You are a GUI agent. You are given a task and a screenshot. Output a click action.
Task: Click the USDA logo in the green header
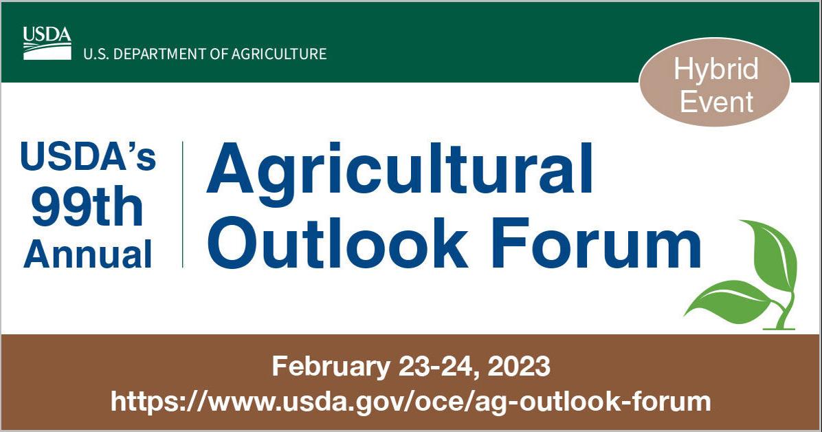tap(47, 43)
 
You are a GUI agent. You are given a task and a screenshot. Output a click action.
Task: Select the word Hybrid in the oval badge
tap(715, 69)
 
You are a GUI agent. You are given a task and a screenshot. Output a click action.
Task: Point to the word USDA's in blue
tap(88, 158)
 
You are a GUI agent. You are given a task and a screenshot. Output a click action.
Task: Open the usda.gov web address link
tap(410, 401)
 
